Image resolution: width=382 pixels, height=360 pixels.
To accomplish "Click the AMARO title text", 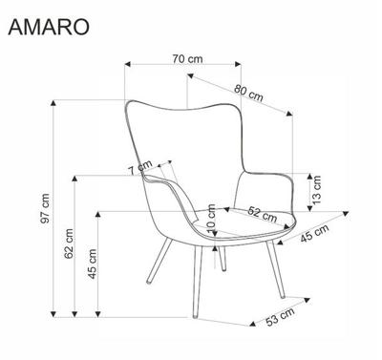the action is pos(49,27).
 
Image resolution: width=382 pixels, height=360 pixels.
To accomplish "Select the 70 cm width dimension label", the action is pos(187,59).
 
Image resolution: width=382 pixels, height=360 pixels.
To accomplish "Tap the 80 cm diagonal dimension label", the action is pos(248,93).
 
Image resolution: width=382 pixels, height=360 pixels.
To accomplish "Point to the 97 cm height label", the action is pos(46,208).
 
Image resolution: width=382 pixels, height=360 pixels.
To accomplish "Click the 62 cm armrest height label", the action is pos(69,244).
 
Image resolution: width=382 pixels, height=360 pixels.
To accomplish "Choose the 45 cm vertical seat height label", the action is pos(92,264).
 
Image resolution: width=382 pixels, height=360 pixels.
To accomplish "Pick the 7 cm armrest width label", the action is pos(140,168).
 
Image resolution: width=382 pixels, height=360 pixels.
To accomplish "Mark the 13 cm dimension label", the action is pos(317,190).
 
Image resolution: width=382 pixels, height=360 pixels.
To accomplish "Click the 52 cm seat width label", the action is pos(263,214).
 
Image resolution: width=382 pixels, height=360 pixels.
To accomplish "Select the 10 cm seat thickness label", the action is pos(211,219).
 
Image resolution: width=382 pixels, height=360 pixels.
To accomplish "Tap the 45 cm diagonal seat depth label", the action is pos(314,233).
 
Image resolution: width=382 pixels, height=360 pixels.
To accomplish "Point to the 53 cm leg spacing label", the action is pos(280,317).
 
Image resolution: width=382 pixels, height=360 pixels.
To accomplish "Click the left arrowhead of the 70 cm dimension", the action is pos(128,64).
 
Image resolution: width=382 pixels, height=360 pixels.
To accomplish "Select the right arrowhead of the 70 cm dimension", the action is pos(238,64).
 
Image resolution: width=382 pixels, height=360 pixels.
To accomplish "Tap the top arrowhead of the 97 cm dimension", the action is pos(53,103).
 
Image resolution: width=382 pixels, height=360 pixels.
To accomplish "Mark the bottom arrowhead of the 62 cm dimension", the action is pos(74,314).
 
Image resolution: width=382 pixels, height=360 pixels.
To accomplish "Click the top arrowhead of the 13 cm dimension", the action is pos(309,177).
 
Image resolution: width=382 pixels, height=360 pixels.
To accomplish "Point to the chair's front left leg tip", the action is pos(195,316).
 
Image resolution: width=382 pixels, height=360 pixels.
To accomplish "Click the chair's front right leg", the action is pos(275,269).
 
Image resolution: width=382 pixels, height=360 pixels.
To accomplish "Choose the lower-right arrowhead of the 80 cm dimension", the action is pos(289,113).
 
